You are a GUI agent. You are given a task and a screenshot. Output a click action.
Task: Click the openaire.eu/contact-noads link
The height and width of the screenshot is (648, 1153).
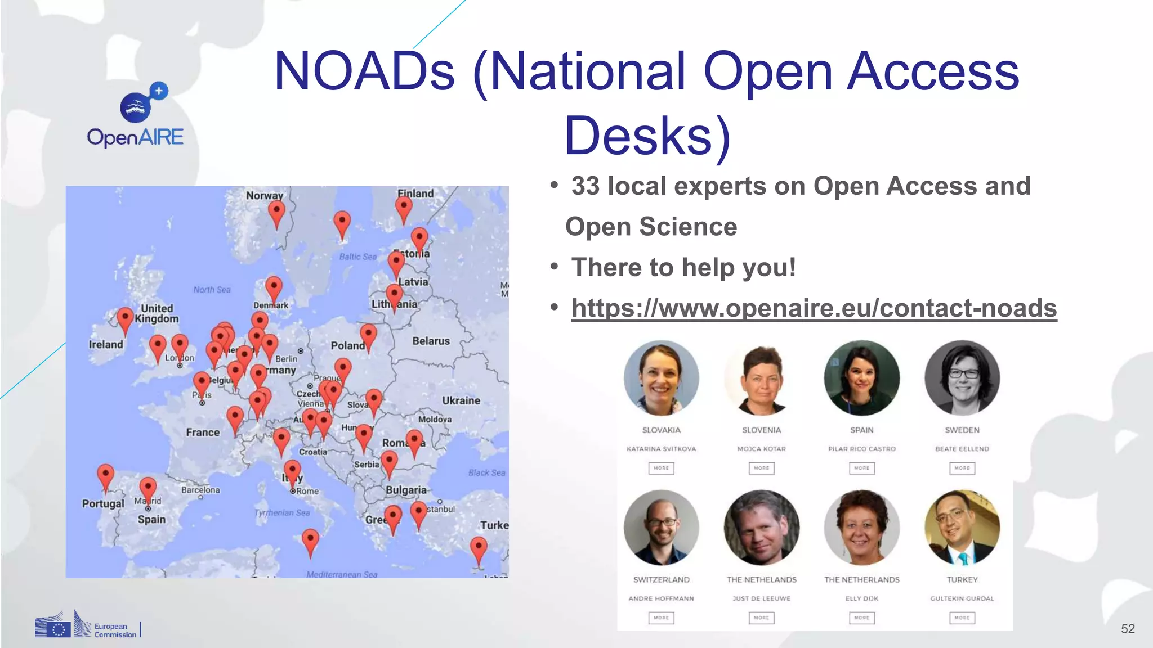pyautogui.click(x=814, y=308)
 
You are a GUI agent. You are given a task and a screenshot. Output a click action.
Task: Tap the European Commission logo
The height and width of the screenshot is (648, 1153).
pyautogui.click(x=87, y=625)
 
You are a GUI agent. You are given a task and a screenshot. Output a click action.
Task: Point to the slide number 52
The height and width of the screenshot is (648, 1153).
pyautogui.click(x=1128, y=629)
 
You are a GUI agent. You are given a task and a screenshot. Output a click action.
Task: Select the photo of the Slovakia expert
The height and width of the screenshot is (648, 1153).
pyautogui.click(x=661, y=377)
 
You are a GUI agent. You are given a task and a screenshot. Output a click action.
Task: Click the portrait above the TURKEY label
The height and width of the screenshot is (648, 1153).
pyautogui.click(x=962, y=527)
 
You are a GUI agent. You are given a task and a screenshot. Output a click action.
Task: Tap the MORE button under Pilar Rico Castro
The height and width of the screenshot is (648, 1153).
pyautogui.click(x=861, y=468)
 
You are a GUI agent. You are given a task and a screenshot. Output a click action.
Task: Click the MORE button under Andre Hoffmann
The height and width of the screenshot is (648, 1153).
pyautogui.click(x=661, y=618)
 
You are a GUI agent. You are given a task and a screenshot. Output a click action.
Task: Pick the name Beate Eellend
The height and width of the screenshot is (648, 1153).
pyautogui.click(x=962, y=449)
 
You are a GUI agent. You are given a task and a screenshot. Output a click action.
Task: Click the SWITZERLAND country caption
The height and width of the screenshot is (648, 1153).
pyautogui.click(x=661, y=579)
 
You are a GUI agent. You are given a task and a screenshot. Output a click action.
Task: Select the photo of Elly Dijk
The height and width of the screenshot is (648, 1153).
pyautogui.click(x=861, y=527)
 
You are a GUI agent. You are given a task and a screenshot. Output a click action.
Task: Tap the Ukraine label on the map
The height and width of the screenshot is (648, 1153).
pyautogui.click(x=461, y=400)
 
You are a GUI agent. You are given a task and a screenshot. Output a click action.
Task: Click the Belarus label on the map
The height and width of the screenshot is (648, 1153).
pyautogui.click(x=431, y=341)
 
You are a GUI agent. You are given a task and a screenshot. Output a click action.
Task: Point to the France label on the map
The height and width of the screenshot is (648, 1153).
pyautogui.click(x=203, y=432)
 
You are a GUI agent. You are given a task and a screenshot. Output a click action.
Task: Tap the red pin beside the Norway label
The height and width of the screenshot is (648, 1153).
pyautogui.click(x=276, y=213)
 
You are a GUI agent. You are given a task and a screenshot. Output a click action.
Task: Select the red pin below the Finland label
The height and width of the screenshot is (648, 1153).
pyautogui.click(x=404, y=208)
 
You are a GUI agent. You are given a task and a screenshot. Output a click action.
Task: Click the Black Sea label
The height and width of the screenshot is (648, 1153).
pyautogui.click(x=486, y=472)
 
